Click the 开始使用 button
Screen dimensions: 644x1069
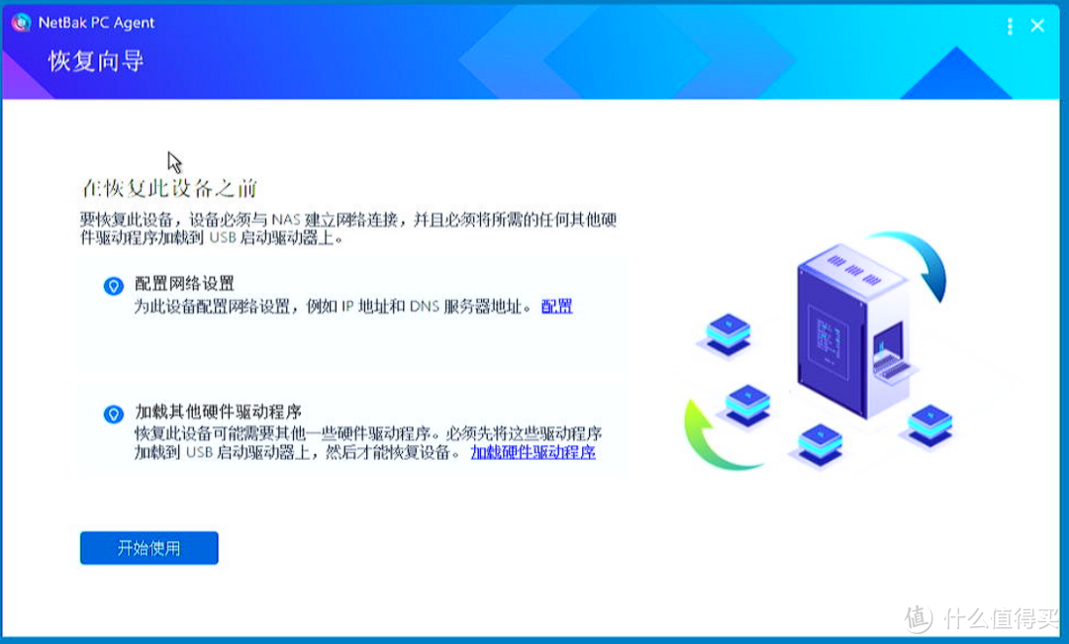coord(148,548)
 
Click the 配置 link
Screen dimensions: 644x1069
coord(556,307)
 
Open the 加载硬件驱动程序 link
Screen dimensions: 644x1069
coord(533,453)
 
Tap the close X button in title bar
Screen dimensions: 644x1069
coord(1037,26)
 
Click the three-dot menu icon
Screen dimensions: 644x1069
coord(1010,26)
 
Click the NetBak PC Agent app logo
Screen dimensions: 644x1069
coord(21,23)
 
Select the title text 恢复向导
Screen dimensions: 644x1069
coord(96,61)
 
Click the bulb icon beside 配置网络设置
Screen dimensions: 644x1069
coord(114,286)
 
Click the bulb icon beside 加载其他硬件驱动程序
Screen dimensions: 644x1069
coord(114,414)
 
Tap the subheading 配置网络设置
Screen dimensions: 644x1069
coord(184,285)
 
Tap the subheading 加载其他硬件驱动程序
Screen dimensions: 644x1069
coord(218,413)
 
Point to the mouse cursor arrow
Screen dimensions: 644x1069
coord(173,160)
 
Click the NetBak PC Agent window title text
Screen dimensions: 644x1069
coord(97,23)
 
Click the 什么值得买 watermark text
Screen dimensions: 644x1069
coord(1000,619)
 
